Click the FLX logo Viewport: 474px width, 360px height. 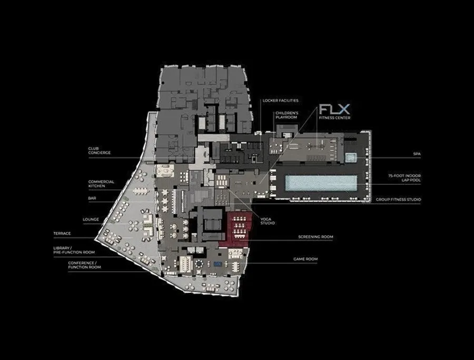pyautogui.click(x=334, y=109)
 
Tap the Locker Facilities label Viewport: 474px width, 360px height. pyautogui.click(x=280, y=101)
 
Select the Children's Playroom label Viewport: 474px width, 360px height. pyautogui.click(x=287, y=115)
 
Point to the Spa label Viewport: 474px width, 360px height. pyautogui.click(x=417, y=154)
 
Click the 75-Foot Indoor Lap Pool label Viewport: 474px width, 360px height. pyautogui.click(x=404, y=178)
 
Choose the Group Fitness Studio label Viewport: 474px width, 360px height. pyautogui.click(x=398, y=199)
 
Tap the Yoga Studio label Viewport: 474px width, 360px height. pyautogui.click(x=268, y=221)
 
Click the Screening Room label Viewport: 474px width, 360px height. pyautogui.click(x=315, y=237)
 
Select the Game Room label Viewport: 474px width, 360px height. pyautogui.click(x=305, y=259)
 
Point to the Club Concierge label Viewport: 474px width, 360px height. pyautogui.click(x=100, y=151)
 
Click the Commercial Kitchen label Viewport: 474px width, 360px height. pyautogui.click(x=101, y=184)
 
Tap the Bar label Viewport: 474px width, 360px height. pyautogui.click(x=92, y=198)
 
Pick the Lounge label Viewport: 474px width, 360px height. pyautogui.click(x=91, y=219)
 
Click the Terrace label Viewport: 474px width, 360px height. pyautogui.click(x=62, y=234)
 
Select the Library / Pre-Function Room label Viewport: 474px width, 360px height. pyautogui.click(x=74, y=250)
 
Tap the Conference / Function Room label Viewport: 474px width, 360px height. pyautogui.click(x=84, y=265)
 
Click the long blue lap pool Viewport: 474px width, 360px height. pyautogui.click(x=321, y=183)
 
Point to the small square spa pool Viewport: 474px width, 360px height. pyautogui.click(x=351, y=157)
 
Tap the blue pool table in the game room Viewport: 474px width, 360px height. pyautogui.click(x=218, y=264)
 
